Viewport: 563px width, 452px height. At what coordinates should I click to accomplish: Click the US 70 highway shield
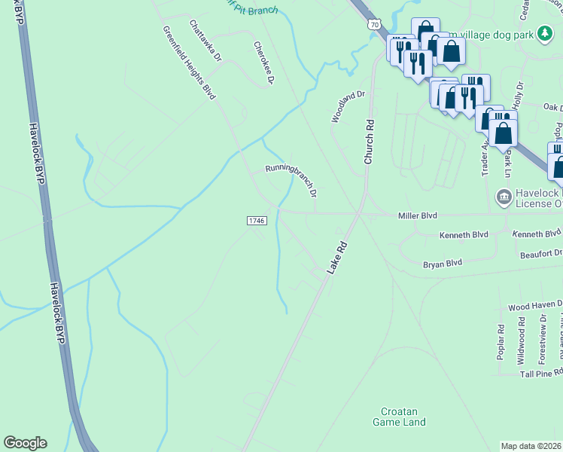[375, 25]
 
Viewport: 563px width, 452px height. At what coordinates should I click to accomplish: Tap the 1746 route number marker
[257, 220]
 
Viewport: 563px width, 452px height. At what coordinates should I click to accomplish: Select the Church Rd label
[369, 142]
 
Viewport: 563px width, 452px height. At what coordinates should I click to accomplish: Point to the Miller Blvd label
[417, 215]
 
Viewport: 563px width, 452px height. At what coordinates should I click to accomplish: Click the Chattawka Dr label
[206, 41]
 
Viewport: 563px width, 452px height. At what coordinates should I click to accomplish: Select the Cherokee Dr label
[263, 63]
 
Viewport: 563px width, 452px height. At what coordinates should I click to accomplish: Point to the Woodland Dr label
[348, 107]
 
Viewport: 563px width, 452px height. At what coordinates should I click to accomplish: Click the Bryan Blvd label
[442, 264]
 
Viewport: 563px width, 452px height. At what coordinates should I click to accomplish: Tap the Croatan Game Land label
[399, 417]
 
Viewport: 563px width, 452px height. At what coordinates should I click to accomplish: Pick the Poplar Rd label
[501, 341]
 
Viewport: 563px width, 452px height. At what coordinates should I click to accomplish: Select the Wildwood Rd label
[522, 341]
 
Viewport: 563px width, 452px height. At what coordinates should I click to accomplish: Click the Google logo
[25, 443]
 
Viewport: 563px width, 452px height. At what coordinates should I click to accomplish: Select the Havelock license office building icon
[503, 197]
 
